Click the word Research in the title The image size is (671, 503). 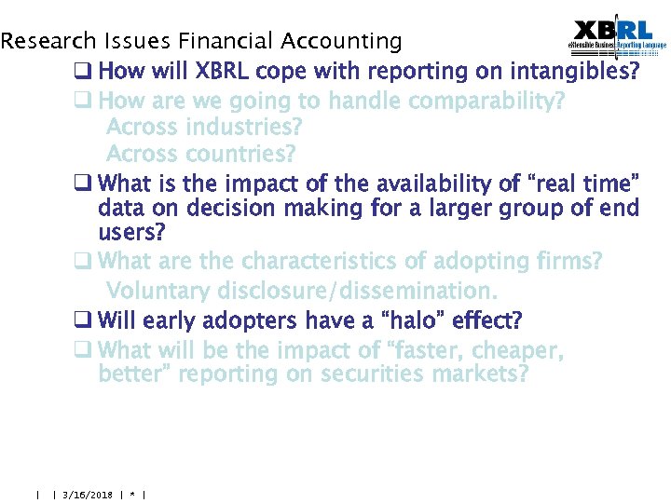coord(48,41)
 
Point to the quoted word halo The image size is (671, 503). coord(414,321)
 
